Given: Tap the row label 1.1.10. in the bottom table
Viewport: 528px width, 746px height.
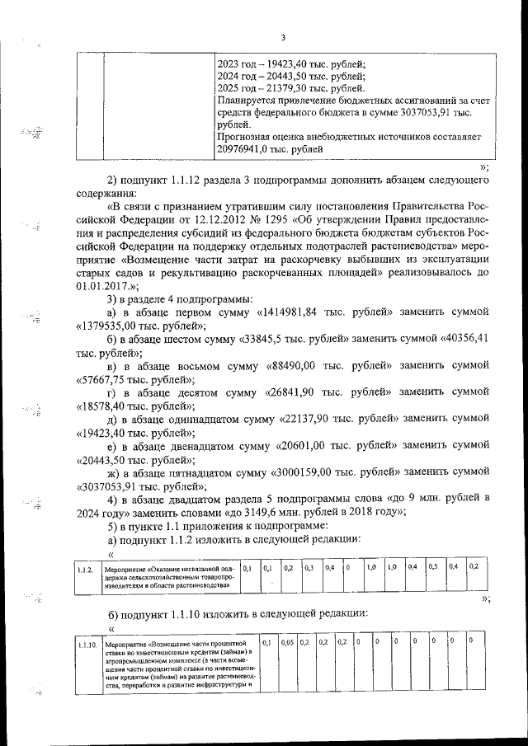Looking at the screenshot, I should click(x=86, y=643).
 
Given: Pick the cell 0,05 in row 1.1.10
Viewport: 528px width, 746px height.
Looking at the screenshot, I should click(x=286, y=641).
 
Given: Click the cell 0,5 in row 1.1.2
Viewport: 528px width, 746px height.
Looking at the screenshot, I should click(x=433, y=567).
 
